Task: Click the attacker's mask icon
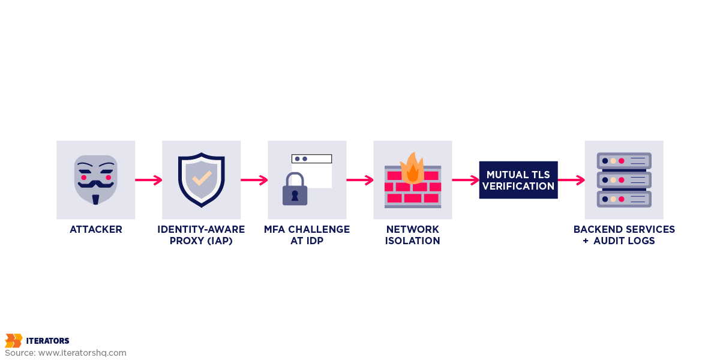click(x=95, y=179)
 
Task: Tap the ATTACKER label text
click(x=95, y=230)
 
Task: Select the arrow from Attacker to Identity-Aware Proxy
click(x=148, y=180)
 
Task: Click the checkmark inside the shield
click(x=201, y=178)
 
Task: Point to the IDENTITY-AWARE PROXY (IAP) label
click(x=201, y=235)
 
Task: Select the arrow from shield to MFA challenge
click(x=254, y=180)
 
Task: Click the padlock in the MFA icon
click(x=295, y=190)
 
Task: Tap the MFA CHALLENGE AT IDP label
click(x=307, y=235)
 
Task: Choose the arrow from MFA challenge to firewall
click(x=359, y=180)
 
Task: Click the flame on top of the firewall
click(x=412, y=168)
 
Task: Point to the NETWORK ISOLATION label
click(x=413, y=235)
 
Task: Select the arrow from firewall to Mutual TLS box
click(x=465, y=180)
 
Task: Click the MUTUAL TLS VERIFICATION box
click(x=518, y=180)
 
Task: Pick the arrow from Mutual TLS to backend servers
click(x=571, y=180)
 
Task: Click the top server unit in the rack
click(x=624, y=161)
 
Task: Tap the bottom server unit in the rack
click(x=624, y=199)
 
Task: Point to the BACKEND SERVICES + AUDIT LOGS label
click(x=624, y=235)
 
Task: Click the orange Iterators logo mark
click(x=13, y=341)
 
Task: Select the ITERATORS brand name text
click(x=47, y=341)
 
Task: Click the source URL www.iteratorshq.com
click(x=82, y=353)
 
